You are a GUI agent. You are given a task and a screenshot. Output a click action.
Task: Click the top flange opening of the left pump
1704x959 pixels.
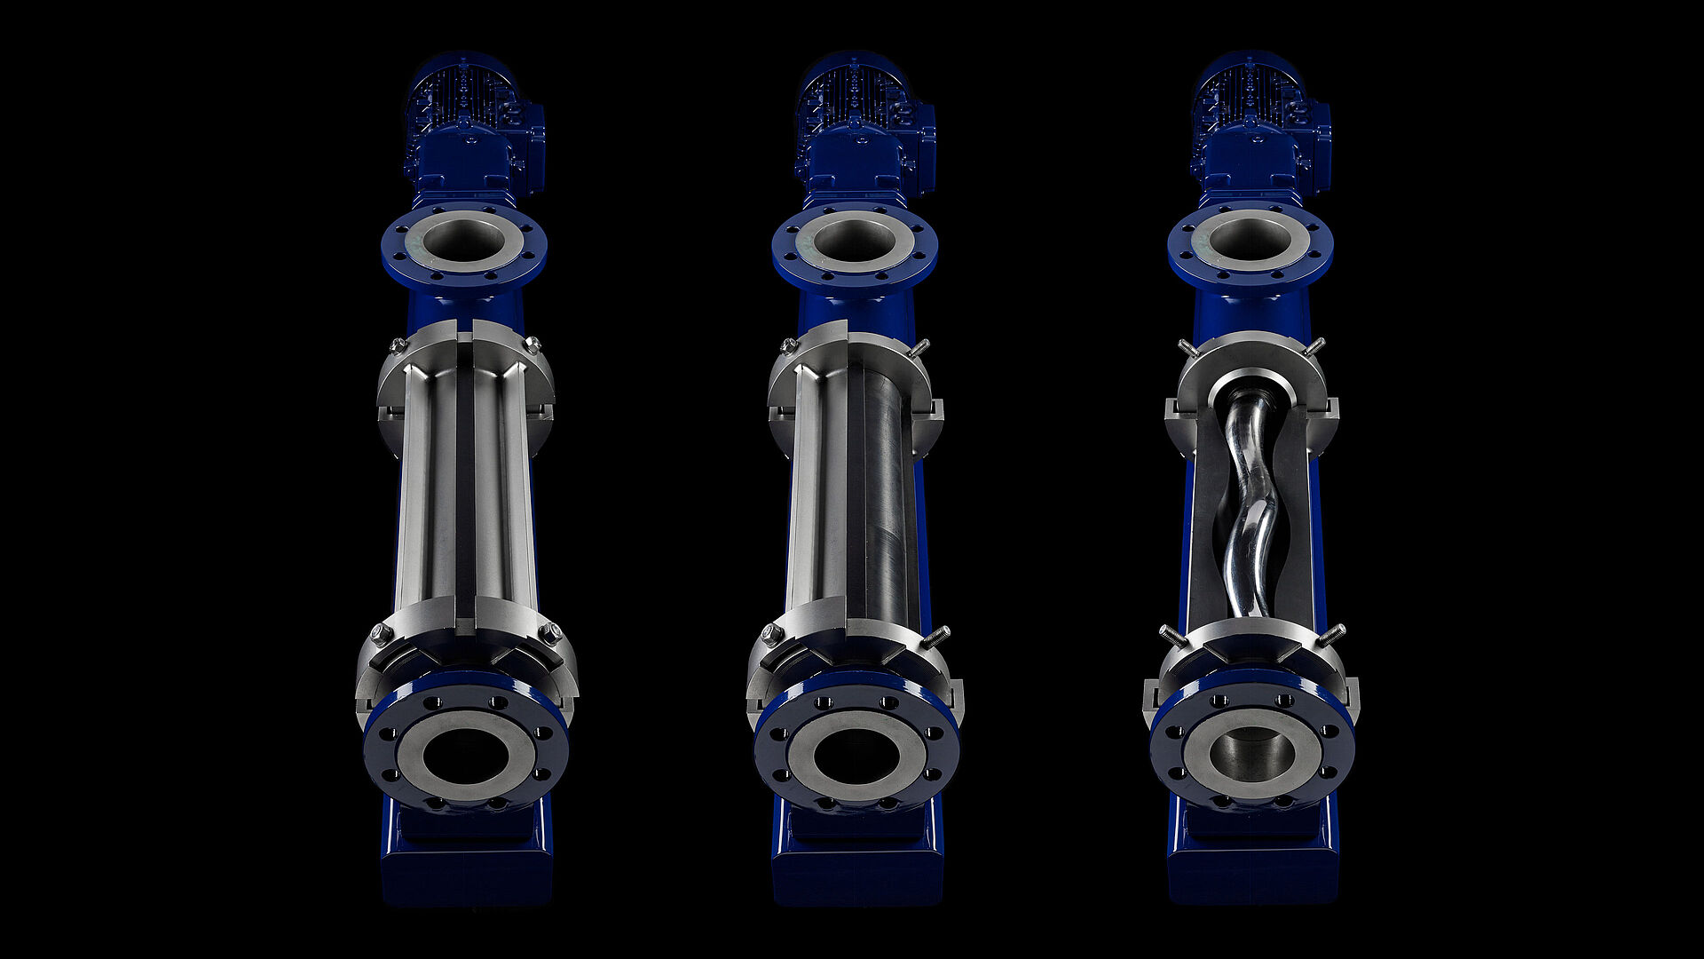pos(463,239)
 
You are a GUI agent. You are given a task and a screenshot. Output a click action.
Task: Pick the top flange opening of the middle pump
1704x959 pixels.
pos(854,239)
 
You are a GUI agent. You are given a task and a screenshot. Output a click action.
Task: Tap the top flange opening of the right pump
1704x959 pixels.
pos(1250,239)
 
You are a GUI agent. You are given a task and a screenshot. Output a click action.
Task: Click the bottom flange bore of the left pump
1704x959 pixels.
pos(466,756)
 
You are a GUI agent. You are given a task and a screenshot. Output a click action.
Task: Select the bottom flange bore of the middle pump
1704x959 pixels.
pos(856,756)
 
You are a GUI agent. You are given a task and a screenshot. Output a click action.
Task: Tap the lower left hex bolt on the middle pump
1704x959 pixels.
pos(771,634)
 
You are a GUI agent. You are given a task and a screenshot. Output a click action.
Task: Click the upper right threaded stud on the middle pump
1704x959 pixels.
pos(920,347)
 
